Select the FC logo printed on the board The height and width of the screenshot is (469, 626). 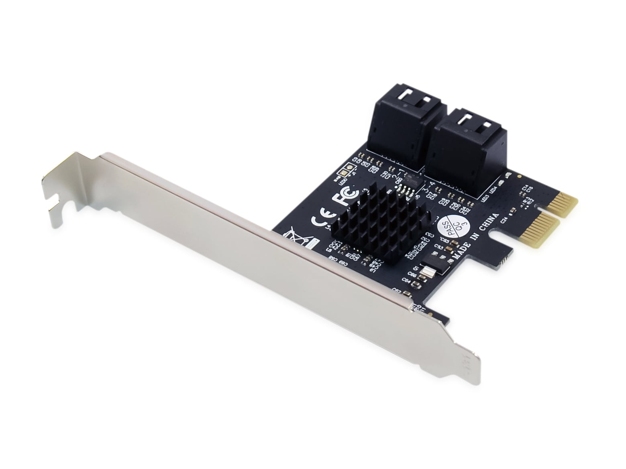[345, 196]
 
